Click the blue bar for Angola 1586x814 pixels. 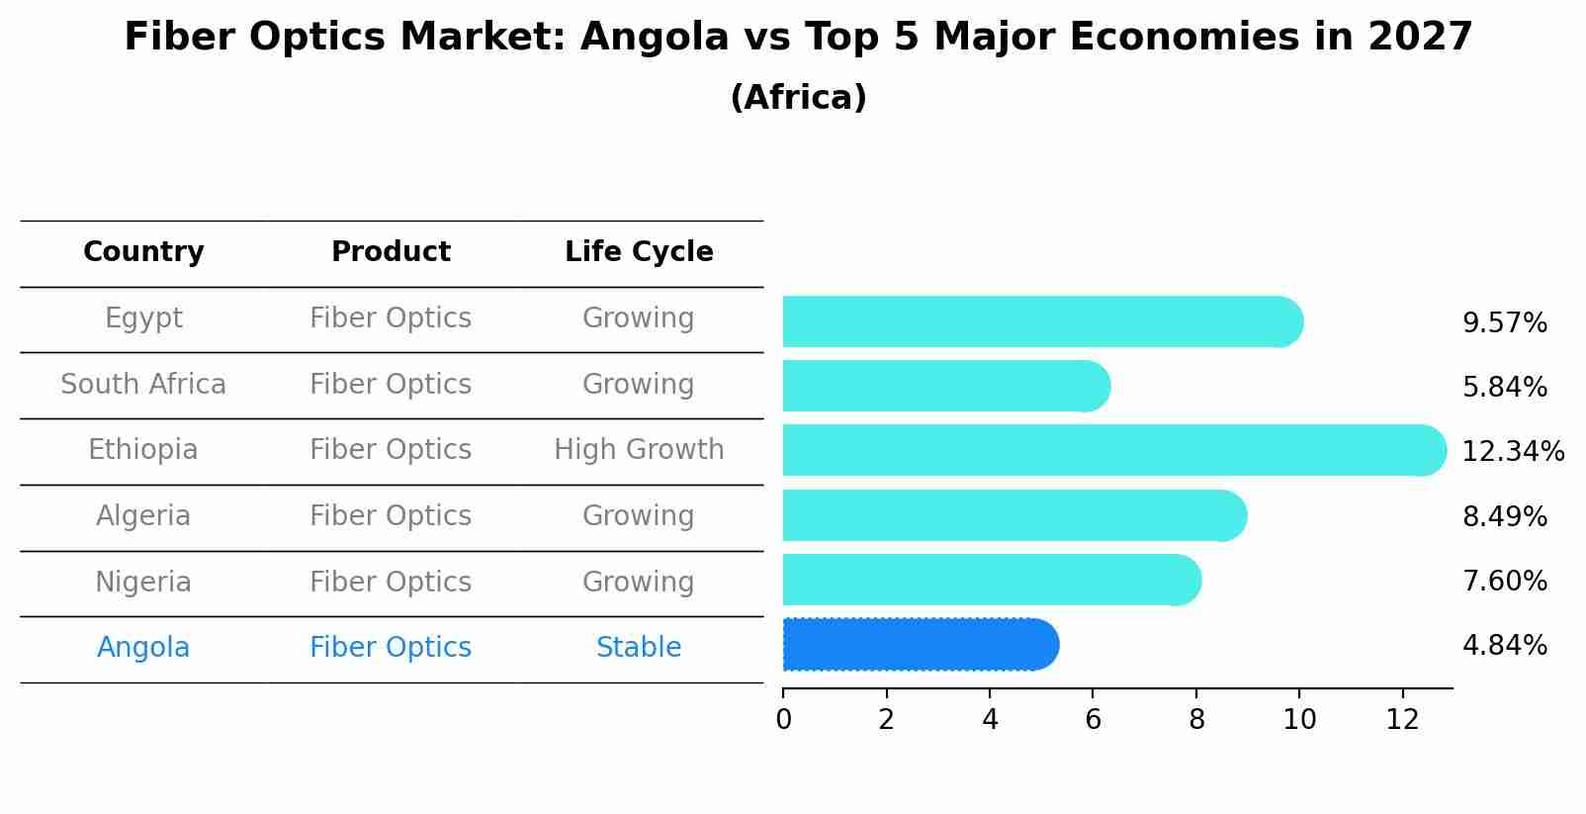[920, 645]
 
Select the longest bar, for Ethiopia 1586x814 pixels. [1112, 451]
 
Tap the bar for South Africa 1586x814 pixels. [945, 386]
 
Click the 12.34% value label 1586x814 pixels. [1512, 452]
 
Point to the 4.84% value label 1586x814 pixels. [1504, 646]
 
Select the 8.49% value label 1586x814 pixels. [1504, 516]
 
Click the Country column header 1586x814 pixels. [143, 252]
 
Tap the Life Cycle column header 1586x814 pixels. [639, 252]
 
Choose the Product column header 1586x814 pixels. [391, 252]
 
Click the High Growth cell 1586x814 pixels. [639, 450]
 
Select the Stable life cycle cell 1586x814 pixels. [639, 648]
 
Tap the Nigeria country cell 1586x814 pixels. [143, 582]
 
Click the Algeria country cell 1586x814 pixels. [143, 516]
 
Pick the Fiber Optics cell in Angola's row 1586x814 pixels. [391, 648]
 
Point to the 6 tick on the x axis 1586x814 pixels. [1093, 720]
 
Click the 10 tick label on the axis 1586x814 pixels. [1299, 720]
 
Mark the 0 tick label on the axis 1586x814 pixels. [783, 720]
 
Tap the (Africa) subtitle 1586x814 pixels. [798, 98]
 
